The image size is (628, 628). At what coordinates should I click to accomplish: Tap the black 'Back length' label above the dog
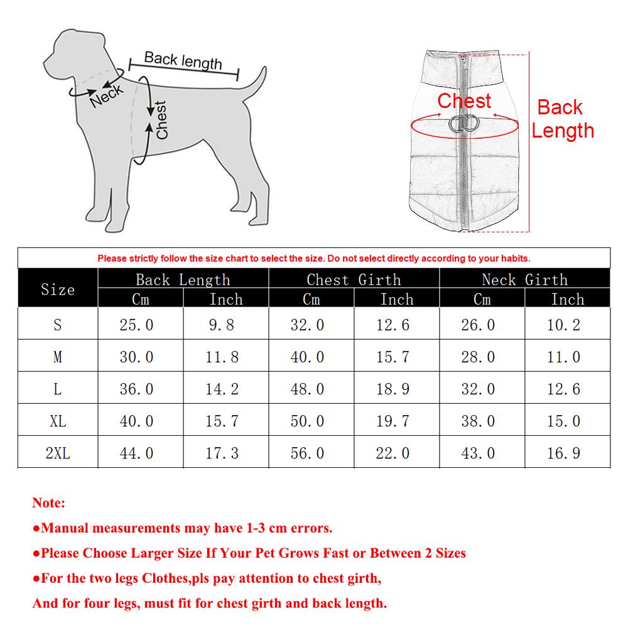coord(183,60)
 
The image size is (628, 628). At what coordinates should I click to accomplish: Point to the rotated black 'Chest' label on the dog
coord(161,120)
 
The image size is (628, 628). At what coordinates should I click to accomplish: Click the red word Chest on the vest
coord(464,100)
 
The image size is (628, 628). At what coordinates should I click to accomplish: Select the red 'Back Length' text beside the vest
coord(562,119)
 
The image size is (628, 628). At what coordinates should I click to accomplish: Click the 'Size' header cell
coord(58,290)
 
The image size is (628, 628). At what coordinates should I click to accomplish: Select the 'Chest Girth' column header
coord(354,279)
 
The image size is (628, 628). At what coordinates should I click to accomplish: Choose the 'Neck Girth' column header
coord(524,279)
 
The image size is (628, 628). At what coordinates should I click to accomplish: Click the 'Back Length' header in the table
coord(183,279)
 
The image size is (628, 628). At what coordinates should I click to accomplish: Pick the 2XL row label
coord(58,453)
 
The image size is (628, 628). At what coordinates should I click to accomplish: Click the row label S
coord(58,325)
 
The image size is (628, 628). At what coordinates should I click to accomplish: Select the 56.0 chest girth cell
coord(307,453)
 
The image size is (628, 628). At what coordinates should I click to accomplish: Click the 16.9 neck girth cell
coord(563,453)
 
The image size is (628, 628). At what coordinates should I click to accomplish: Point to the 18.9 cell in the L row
coord(392,389)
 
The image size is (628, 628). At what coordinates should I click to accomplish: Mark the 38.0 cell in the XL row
coord(478,421)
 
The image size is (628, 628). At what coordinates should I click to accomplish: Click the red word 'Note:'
coord(48,503)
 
